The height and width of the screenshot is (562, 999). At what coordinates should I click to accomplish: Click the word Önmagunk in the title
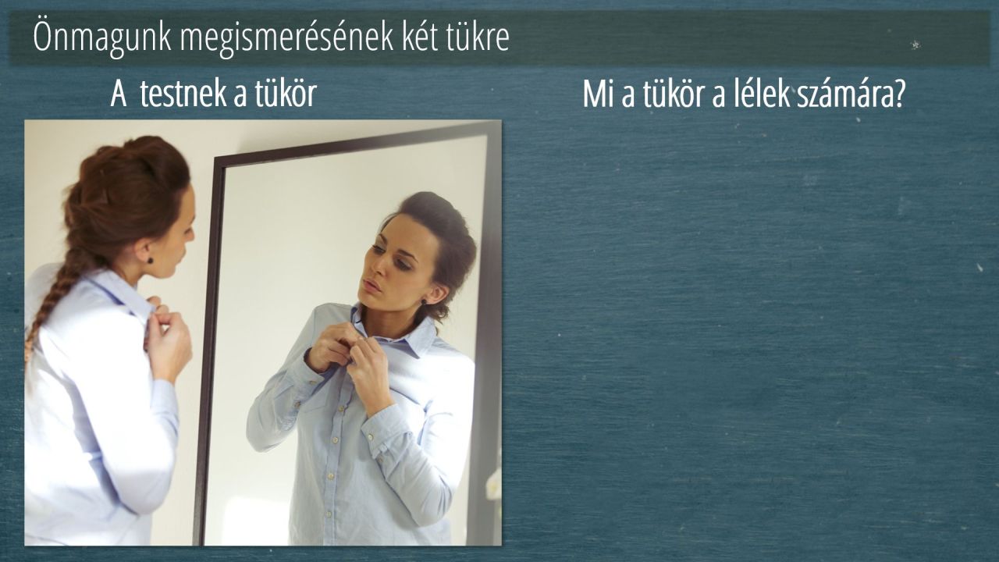(x=102, y=37)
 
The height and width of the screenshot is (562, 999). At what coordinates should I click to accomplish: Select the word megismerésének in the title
(x=286, y=37)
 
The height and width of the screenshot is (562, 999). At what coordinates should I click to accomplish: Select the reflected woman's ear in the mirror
(x=436, y=295)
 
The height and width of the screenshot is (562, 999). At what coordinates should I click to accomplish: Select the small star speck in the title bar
(x=915, y=44)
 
